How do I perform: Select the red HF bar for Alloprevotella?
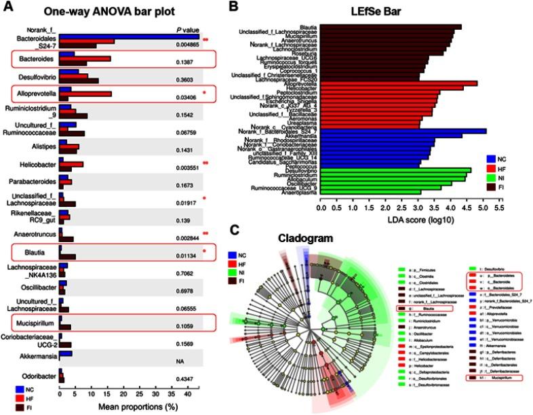click(85, 94)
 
